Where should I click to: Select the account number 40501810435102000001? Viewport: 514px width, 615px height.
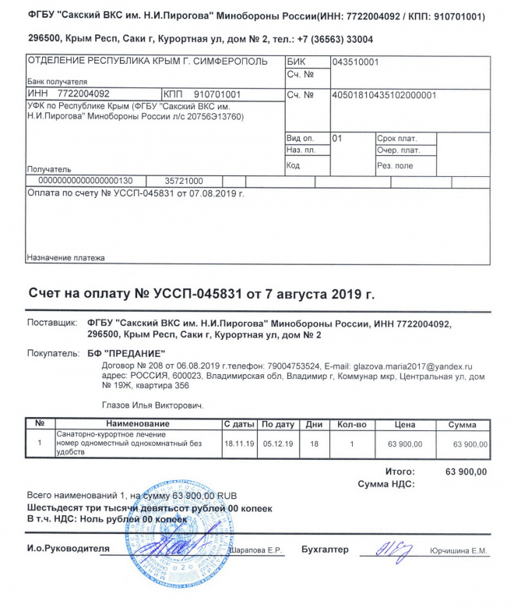[x=383, y=95]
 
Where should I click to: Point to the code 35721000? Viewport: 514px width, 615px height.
[x=185, y=180]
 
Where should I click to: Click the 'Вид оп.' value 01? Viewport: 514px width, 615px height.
[x=337, y=137]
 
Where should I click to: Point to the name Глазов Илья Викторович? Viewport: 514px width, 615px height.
[x=153, y=405]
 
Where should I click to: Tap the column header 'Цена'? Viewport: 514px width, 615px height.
[x=404, y=424]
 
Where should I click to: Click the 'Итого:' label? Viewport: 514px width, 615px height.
[x=400, y=472]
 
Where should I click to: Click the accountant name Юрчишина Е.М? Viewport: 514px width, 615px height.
[x=459, y=551]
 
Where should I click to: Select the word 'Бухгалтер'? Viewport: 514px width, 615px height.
[x=325, y=550]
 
